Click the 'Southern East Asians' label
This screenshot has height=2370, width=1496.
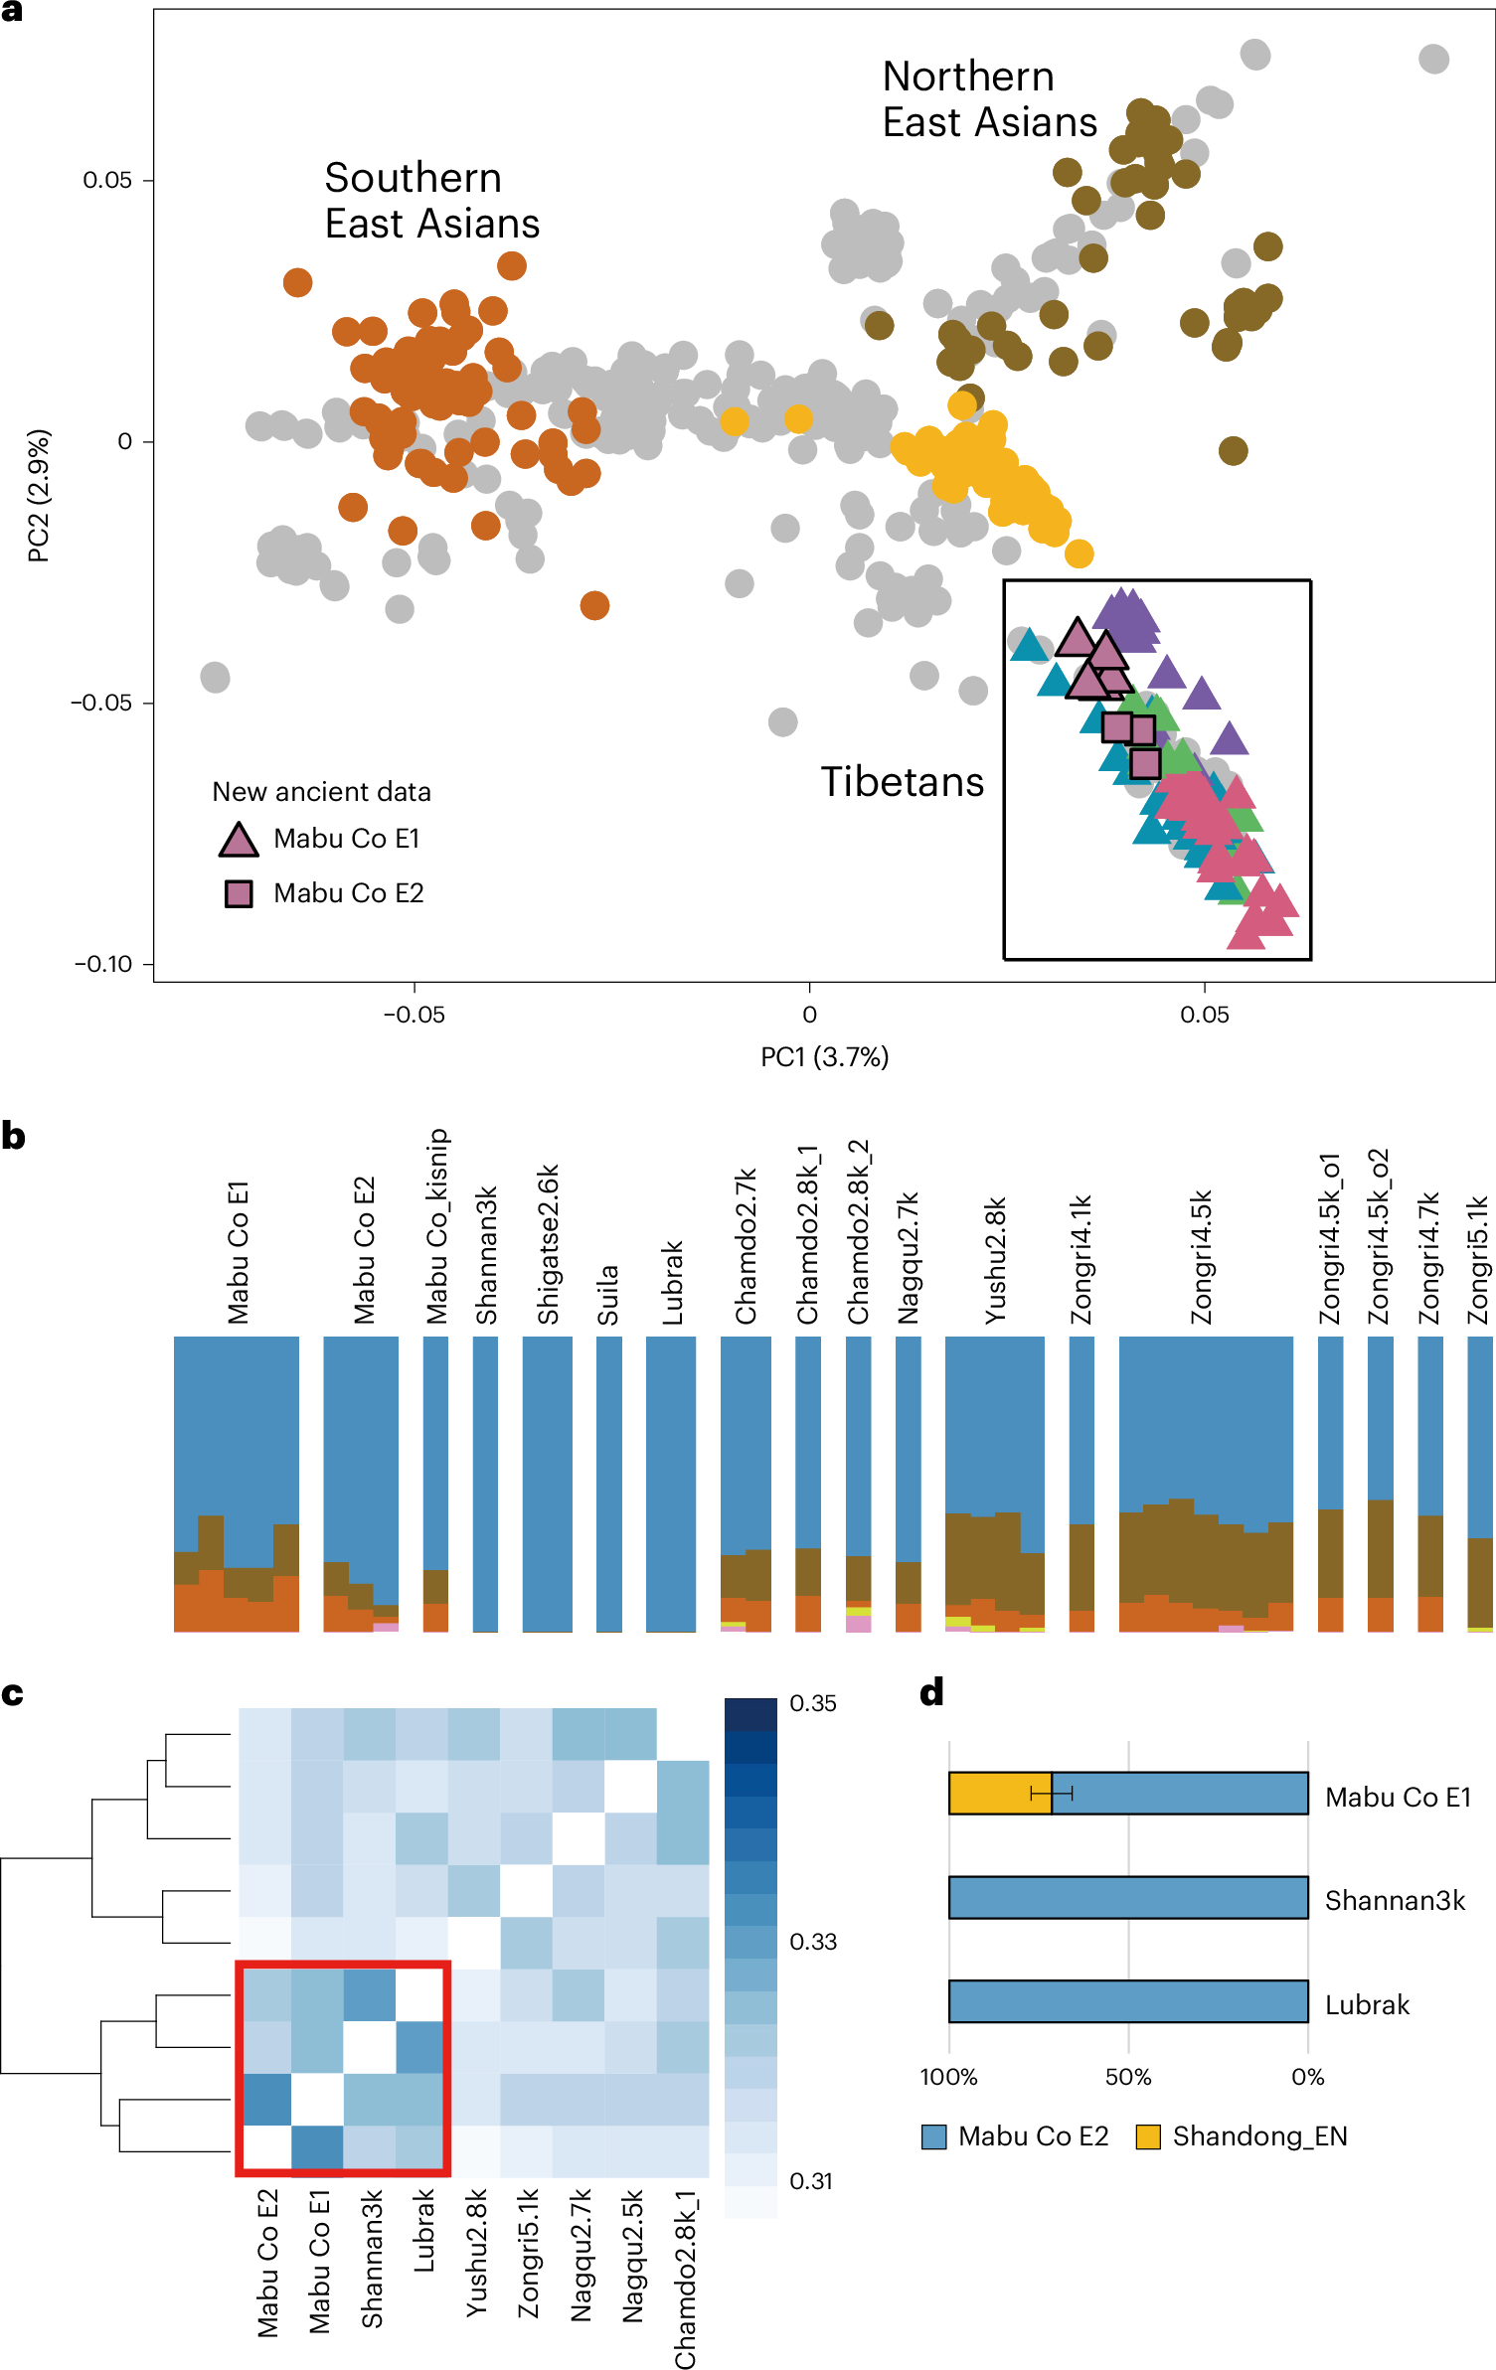[x=431, y=201]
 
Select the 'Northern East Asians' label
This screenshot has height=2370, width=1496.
[x=989, y=99]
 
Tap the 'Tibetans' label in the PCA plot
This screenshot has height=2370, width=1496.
[x=902, y=782]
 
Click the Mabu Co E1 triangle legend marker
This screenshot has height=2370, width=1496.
[x=239, y=840]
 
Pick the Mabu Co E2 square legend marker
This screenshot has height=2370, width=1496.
[x=239, y=893]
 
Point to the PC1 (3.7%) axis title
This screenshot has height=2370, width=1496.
[x=824, y=1056]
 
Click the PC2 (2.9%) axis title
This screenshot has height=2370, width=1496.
[x=38, y=495]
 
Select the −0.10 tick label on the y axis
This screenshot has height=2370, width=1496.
[x=103, y=964]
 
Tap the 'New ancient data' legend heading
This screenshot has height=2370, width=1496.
[x=321, y=792]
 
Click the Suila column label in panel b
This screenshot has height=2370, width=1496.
[x=608, y=1295]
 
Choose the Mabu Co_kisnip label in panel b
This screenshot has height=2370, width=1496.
[x=437, y=1226]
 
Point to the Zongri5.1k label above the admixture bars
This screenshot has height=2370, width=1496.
[x=1479, y=1260]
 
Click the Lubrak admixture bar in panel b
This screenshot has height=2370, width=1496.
[x=671, y=1483]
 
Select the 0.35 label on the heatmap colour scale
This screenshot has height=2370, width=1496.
[x=813, y=1703]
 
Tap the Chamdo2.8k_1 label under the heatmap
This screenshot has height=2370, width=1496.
[x=686, y=2279]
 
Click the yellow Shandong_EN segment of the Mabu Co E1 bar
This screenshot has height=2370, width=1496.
[x=999, y=1794]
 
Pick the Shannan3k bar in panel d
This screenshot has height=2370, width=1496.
[x=1128, y=1897]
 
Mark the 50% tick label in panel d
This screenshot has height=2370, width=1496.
[x=1128, y=2077]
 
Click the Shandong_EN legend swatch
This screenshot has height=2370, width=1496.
[x=1148, y=2136]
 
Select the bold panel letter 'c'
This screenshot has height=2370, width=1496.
[x=13, y=1692]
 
